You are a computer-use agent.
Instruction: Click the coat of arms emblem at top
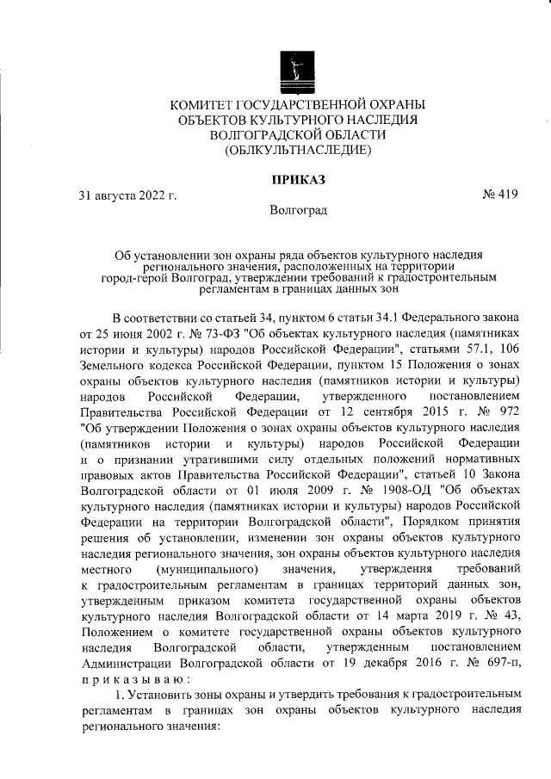point(298,68)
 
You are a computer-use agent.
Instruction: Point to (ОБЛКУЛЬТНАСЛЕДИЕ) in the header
point(298,151)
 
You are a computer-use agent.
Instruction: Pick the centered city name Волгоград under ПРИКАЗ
point(298,209)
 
